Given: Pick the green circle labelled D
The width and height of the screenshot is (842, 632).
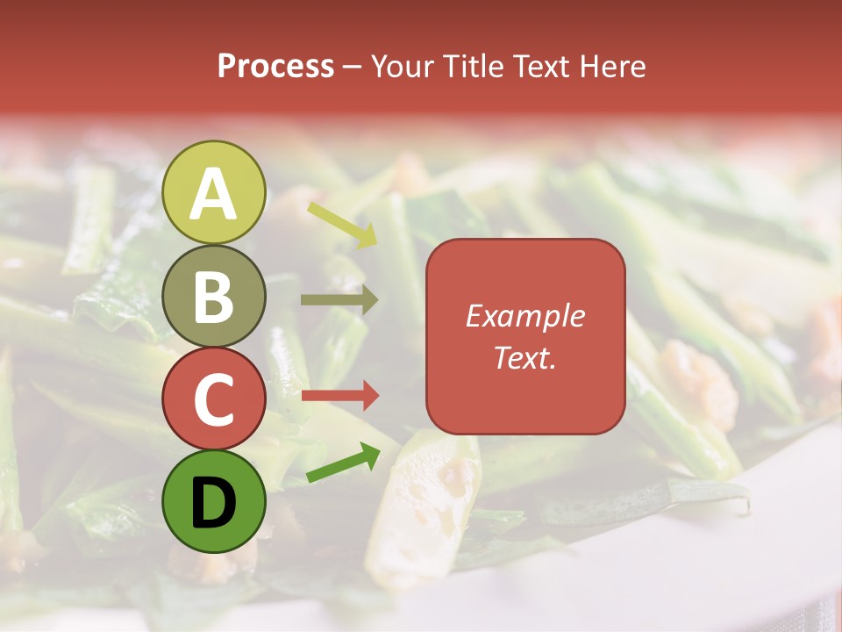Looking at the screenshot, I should (214, 502).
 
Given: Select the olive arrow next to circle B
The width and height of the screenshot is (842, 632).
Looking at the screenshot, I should (339, 300).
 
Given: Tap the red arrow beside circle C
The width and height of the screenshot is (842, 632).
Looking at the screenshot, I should (339, 395).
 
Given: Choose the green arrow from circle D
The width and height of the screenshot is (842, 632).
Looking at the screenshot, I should (343, 463).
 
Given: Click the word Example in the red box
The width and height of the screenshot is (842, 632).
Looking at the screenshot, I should (524, 316).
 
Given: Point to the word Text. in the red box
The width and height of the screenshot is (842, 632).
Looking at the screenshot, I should (524, 357).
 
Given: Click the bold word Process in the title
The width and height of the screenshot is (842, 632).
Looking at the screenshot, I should (275, 67).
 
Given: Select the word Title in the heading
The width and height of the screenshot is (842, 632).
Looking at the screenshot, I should (470, 67).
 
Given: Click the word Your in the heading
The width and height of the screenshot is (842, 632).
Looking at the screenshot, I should (400, 67).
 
